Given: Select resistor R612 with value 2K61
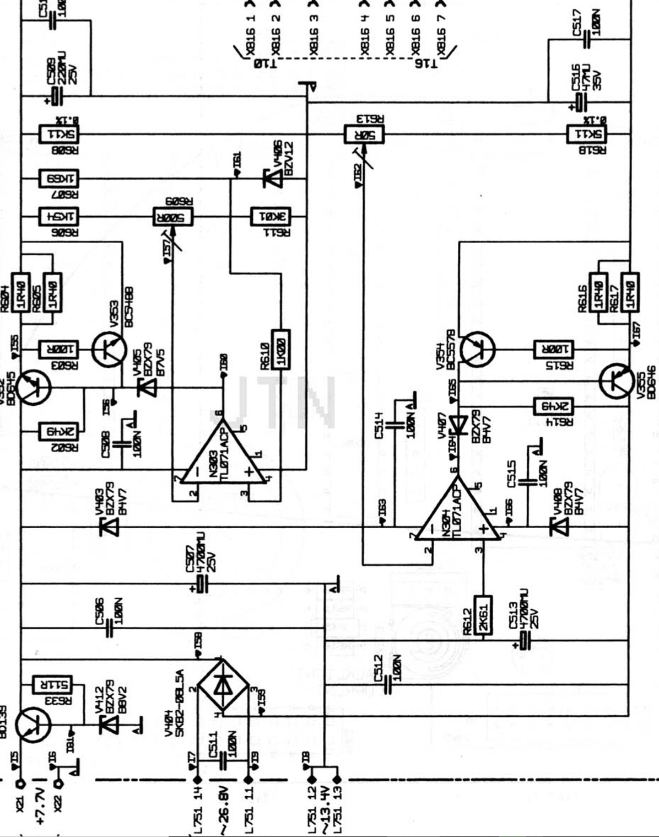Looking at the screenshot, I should [483, 616].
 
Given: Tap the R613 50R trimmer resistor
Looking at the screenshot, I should [364, 134].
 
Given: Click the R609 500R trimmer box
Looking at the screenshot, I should [172, 217].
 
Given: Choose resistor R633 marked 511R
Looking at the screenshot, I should [53, 685].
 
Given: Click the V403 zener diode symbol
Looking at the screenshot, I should [109, 527].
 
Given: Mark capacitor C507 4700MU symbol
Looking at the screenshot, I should [202, 584].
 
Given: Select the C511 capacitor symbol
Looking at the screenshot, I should [223, 761].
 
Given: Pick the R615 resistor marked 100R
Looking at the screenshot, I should [554, 349].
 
